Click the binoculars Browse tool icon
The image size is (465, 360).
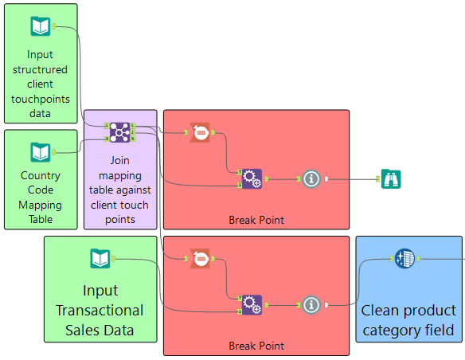click(391, 179)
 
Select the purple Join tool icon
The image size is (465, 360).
click(119, 132)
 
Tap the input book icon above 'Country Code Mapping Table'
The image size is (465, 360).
click(41, 152)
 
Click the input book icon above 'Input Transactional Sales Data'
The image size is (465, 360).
click(100, 259)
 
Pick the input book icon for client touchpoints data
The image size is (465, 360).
click(41, 26)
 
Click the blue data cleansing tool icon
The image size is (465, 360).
click(404, 259)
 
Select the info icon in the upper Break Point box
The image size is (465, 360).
click(311, 179)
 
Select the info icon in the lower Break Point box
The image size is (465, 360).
click(311, 305)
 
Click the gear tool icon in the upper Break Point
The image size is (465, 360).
click(252, 179)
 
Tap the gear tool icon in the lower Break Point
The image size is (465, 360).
click(252, 305)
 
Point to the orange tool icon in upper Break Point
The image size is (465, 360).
click(200, 132)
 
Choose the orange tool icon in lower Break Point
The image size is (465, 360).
click(200, 259)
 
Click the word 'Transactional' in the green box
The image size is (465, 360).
click(100, 311)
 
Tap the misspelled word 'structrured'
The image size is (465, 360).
click(40, 69)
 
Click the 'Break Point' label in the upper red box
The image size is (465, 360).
click(256, 220)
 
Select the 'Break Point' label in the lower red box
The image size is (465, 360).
click(256, 346)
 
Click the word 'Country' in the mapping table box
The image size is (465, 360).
click(41, 175)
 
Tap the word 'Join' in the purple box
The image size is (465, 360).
click(119, 160)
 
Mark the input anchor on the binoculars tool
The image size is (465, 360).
click(377, 179)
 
